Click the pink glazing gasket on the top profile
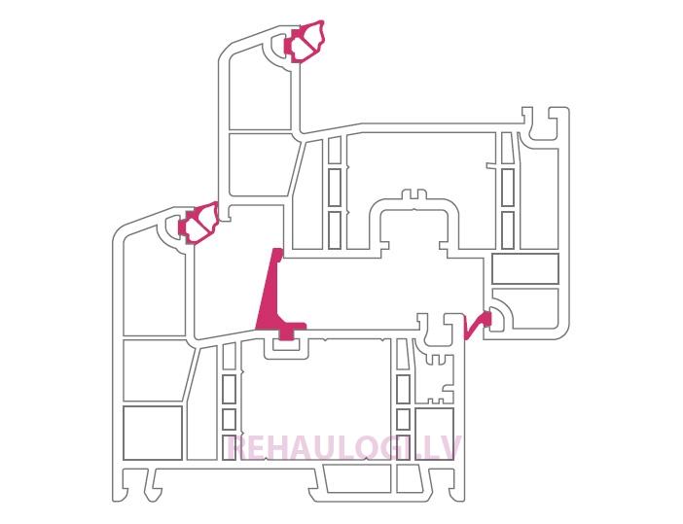[x=304, y=42]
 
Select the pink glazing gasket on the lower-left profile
[x=198, y=223]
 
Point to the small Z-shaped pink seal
[x=477, y=325]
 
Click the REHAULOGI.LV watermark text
[x=344, y=448]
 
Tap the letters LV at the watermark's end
[x=444, y=448]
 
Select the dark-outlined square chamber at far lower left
[x=153, y=433]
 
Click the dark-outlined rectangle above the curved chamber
[x=524, y=268]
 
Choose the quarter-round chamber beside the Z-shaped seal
[x=501, y=316]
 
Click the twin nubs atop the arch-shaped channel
[x=413, y=194]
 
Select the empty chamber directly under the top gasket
[x=260, y=87]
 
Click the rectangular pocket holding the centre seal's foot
[x=286, y=347]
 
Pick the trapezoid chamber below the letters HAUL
[x=357, y=479]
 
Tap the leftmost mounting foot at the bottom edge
[x=130, y=483]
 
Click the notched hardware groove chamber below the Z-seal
[x=436, y=378]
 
